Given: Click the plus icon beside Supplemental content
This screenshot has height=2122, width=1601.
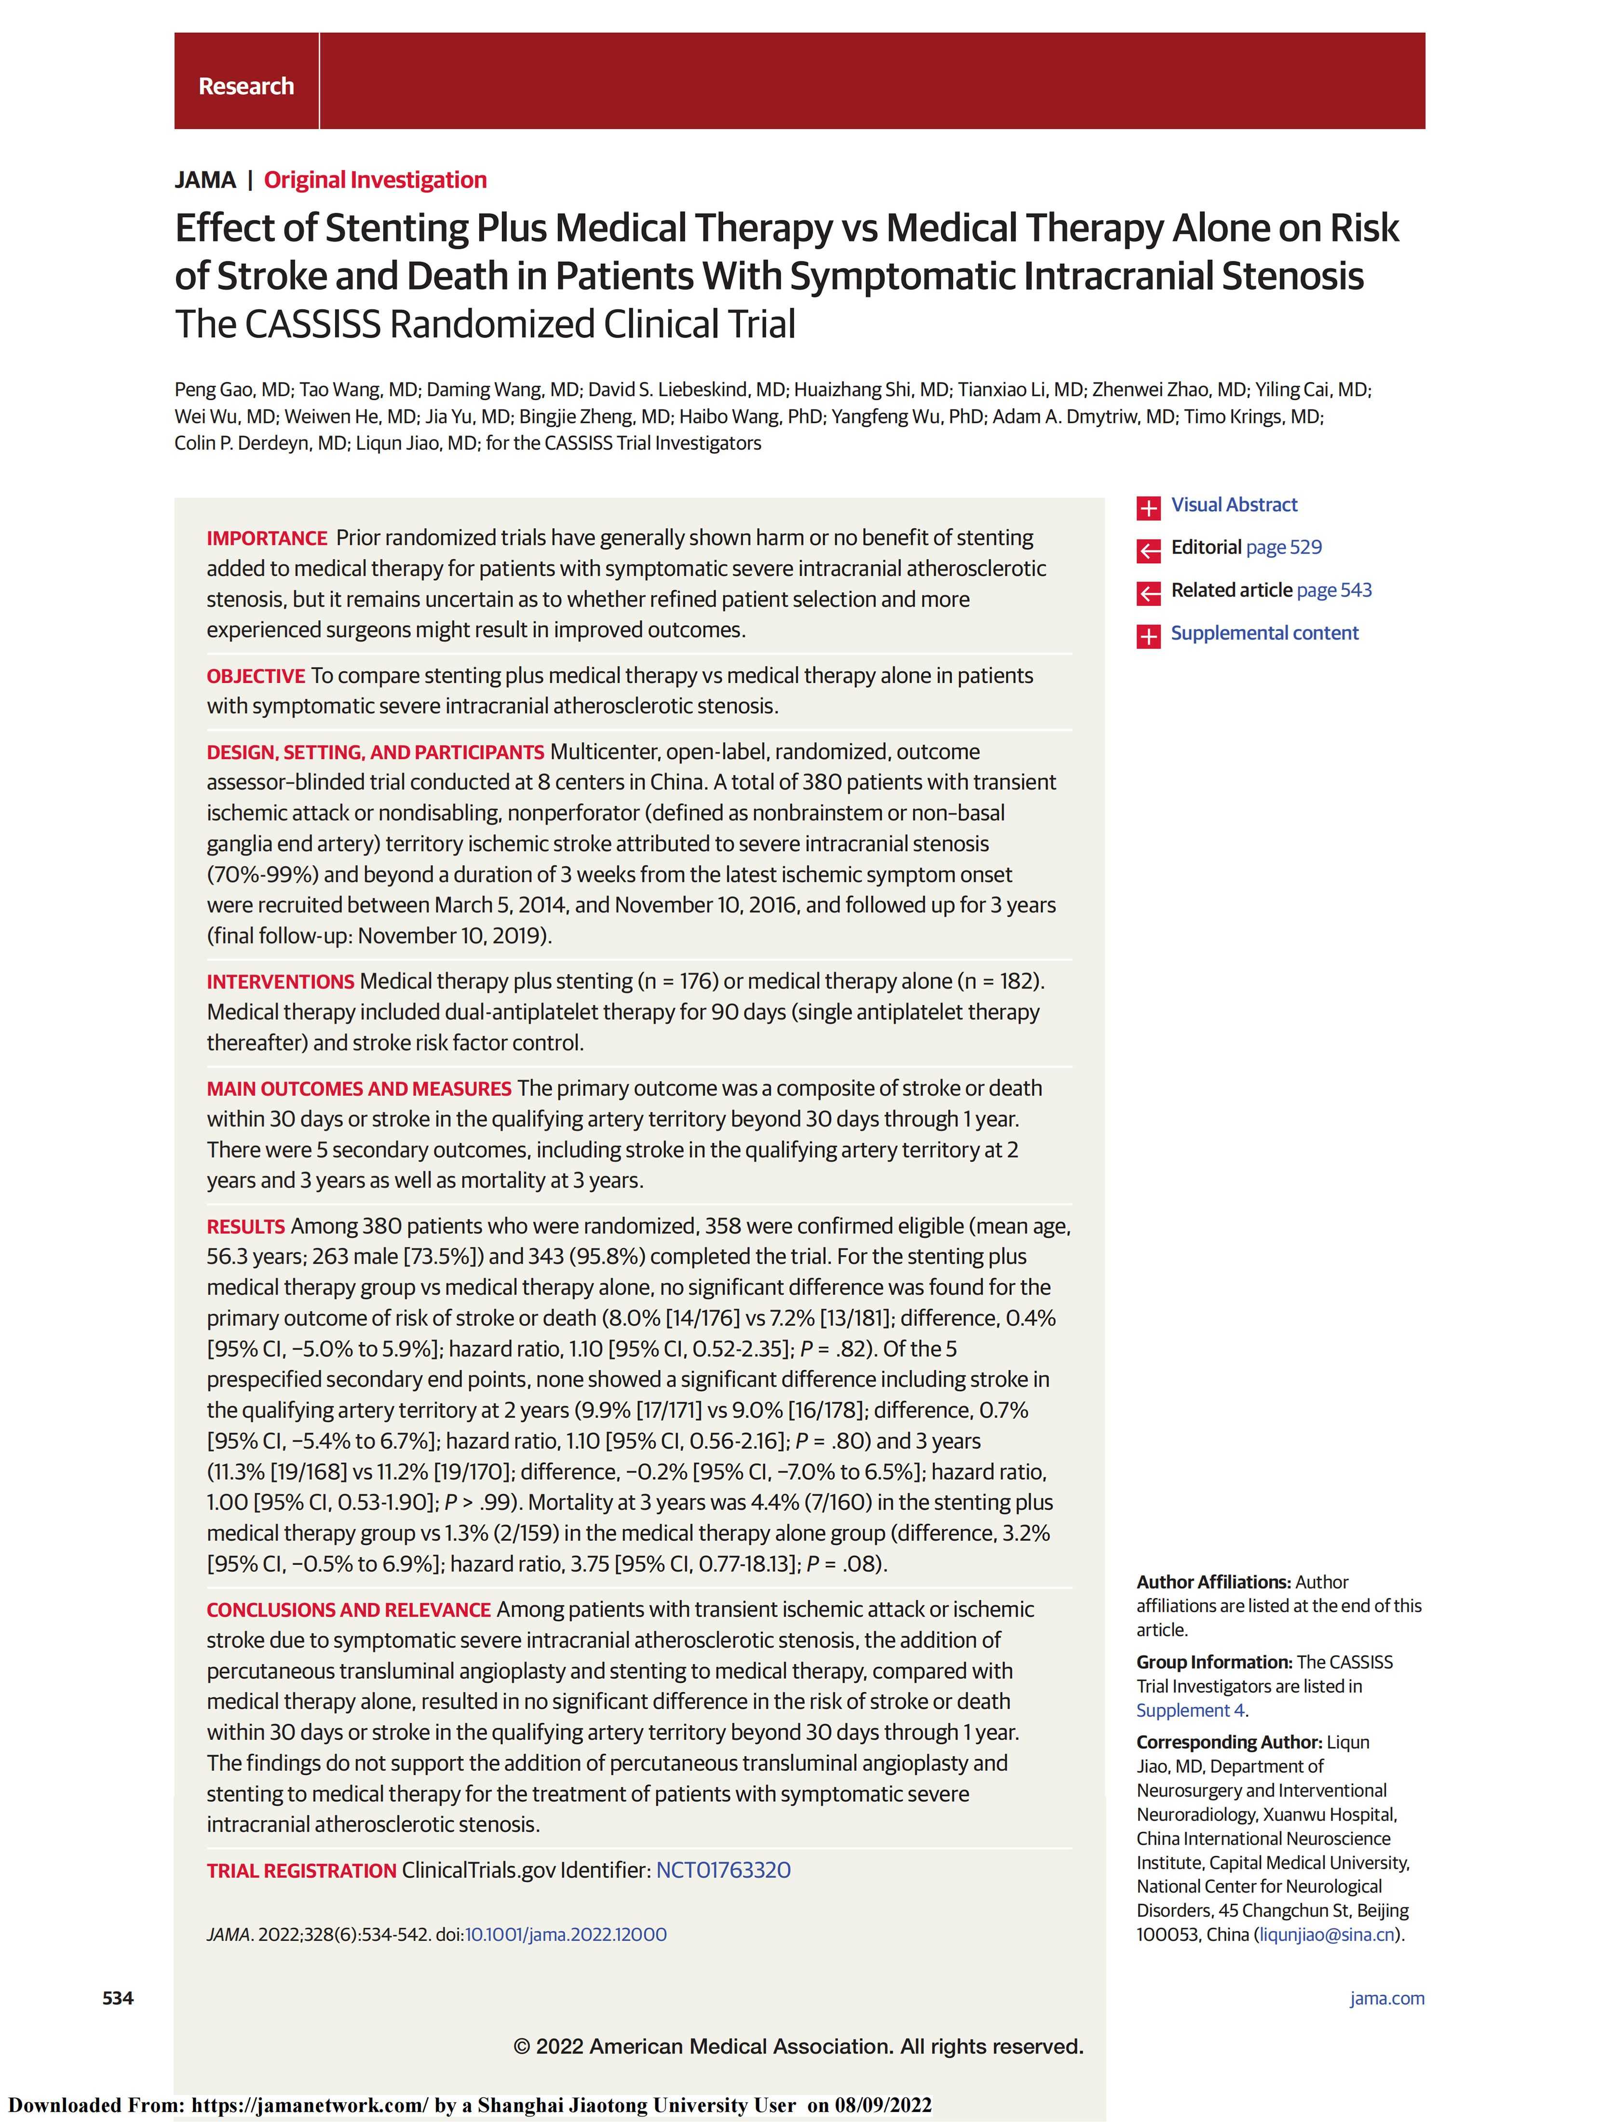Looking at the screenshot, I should click(1148, 635).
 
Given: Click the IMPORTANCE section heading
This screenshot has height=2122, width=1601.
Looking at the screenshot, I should click(267, 538).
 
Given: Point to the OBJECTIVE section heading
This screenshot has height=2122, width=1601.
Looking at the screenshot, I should click(255, 676).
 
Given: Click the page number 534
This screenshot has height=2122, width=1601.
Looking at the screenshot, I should click(118, 1998).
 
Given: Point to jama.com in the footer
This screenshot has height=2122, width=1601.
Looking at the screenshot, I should click(1386, 1998).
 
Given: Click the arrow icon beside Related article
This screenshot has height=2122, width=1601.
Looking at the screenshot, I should click(1148, 593).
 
